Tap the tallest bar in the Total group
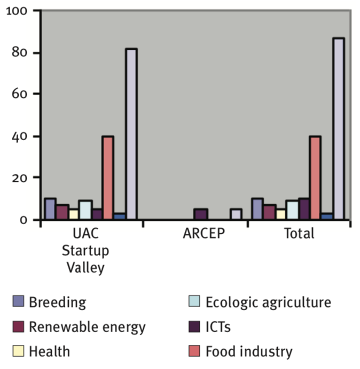tap(339, 128)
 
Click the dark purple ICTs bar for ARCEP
tap(201, 214)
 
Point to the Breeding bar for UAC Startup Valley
tap(50, 209)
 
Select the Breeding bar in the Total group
tap(257, 209)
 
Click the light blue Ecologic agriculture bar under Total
tap(292, 210)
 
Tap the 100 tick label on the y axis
tap(19, 11)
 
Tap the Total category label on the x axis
tap(300, 234)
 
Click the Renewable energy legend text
tap(87, 327)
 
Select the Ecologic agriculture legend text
tap(268, 302)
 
